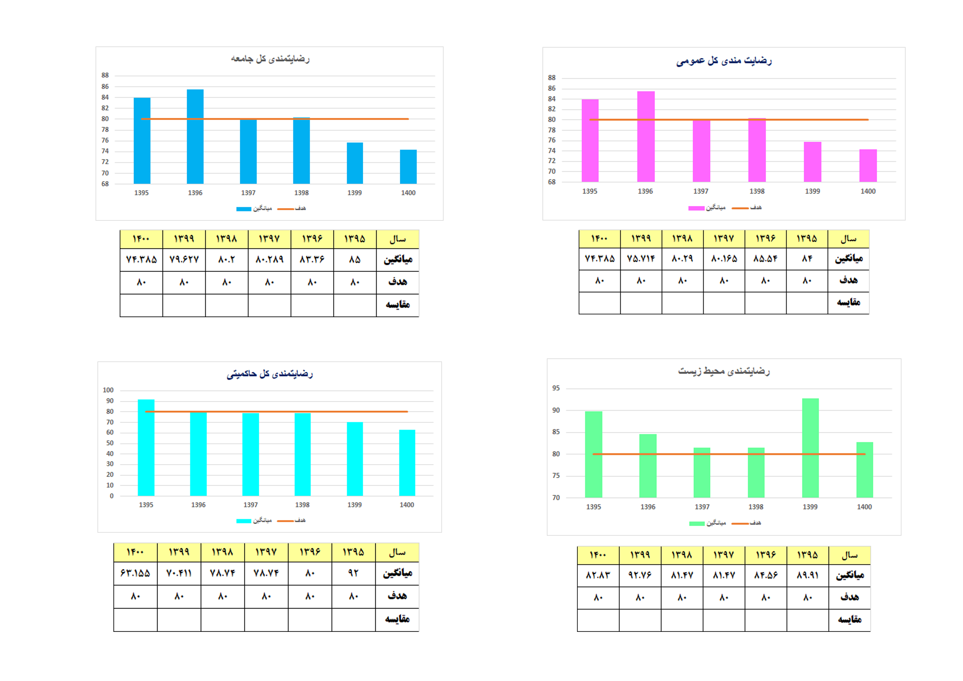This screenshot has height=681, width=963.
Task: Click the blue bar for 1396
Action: tap(195, 136)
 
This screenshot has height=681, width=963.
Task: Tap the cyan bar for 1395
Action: tap(146, 447)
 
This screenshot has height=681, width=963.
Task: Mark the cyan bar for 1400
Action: tap(407, 462)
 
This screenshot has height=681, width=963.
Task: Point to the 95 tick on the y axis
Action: tap(556, 388)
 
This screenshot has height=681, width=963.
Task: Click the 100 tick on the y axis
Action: tap(108, 390)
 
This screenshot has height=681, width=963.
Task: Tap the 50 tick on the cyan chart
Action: tap(110, 443)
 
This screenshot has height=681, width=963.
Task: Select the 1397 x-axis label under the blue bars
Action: tap(248, 192)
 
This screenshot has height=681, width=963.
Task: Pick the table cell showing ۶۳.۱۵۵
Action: tap(135, 573)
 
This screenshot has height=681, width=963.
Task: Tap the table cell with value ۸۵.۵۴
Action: tap(765, 258)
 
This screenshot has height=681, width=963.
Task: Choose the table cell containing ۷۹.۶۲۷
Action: tap(184, 260)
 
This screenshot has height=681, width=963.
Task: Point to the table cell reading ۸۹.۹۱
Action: tap(807, 575)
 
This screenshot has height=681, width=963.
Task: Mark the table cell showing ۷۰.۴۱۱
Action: tap(179, 573)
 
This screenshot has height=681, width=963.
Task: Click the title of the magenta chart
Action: tap(724, 61)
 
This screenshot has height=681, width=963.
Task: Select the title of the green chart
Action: tap(724, 371)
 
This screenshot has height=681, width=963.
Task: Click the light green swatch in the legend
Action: tap(697, 523)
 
